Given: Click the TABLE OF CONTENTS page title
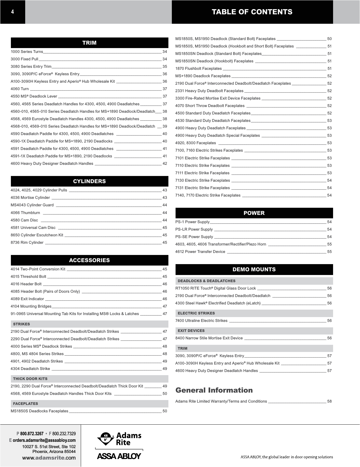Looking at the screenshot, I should (252, 12).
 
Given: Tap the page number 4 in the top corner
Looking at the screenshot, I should (12, 12).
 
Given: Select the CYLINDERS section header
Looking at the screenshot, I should (89, 181).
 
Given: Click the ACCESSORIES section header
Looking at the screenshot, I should (89, 260).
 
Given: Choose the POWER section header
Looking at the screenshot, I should (254, 213).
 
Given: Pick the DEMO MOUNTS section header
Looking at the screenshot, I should (254, 270).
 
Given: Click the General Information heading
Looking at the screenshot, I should (214, 390).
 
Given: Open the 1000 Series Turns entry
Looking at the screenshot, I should (27, 52).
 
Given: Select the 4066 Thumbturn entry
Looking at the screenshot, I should (25, 213).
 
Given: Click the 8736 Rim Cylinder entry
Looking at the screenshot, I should (27, 243).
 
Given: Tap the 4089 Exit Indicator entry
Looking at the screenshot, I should (27, 299).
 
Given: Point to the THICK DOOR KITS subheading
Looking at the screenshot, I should (30, 379).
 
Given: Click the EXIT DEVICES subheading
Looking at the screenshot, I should (191, 331).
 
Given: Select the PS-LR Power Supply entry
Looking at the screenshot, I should (194, 229).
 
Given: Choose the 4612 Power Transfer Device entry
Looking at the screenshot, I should (200, 252).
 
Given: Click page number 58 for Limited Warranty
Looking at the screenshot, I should (329, 401).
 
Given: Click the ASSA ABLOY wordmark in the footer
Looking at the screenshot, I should (119, 456).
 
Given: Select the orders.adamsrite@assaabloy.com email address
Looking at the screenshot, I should (44, 440).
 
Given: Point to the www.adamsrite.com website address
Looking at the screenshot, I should (49, 458).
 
